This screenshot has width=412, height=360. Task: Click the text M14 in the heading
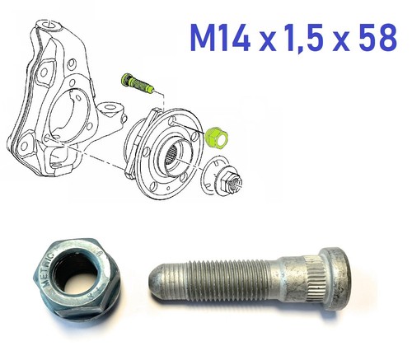coord(220,38)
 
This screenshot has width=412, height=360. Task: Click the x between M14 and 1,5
coord(267,41)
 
